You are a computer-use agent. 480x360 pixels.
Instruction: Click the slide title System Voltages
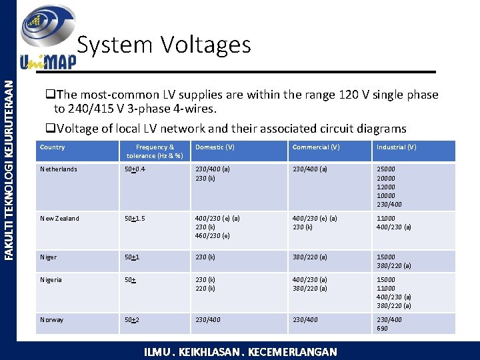coord(164,45)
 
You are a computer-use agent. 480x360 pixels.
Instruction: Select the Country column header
coord(53,147)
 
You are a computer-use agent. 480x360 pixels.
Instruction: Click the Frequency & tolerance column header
coord(155,151)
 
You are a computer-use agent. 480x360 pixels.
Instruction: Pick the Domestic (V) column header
coord(215,147)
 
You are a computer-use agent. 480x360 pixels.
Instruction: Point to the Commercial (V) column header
coord(316,147)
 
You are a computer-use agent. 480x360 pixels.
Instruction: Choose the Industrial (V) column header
coord(396,147)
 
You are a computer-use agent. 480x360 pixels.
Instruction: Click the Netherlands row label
coord(59,169)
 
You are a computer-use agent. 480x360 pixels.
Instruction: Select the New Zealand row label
coord(59,219)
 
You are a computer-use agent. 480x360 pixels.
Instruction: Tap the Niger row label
coord(49,257)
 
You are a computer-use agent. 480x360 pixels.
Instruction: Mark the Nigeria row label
coord(51,280)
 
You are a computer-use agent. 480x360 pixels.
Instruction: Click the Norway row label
coord(52,320)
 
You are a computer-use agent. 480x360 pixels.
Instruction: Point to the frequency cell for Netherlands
coord(135,169)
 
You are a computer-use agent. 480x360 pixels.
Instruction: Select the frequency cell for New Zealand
coord(135,219)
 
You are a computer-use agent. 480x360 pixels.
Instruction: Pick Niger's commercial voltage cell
coord(309,257)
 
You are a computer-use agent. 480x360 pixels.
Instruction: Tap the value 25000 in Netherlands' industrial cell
coord(386,169)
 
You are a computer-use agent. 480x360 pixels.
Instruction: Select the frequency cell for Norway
coord(132,320)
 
